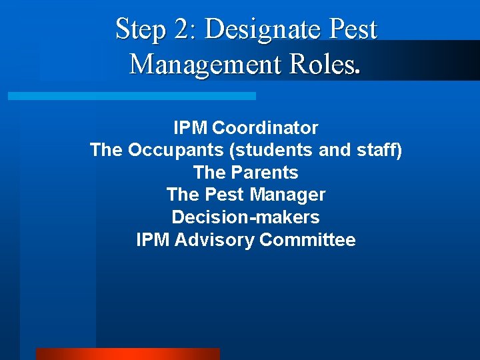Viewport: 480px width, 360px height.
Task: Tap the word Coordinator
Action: (x=265, y=127)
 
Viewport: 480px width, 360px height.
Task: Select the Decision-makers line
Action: (x=245, y=217)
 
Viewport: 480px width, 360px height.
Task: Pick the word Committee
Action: (x=307, y=240)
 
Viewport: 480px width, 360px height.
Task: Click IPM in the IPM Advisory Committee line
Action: (x=153, y=240)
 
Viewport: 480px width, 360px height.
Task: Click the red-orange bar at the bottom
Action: (x=127, y=354)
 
